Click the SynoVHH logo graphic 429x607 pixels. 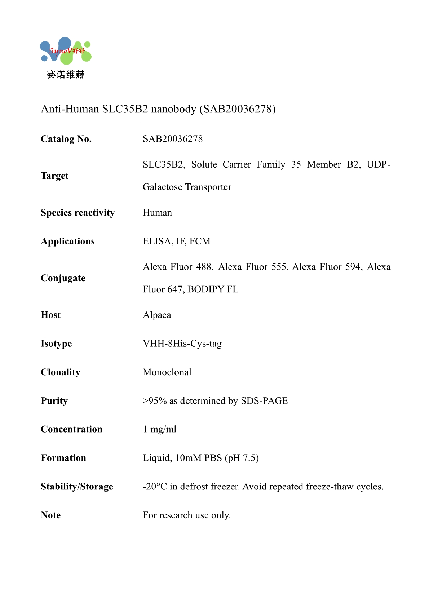[66, 51]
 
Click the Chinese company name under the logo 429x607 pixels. [66, 75]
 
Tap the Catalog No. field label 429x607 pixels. [66, 139]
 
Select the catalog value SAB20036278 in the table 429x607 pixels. [173, 139]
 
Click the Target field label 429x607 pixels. [54, 176]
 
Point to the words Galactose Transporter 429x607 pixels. [187, 187]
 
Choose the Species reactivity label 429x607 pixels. [78, 213]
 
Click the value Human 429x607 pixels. [157, 213]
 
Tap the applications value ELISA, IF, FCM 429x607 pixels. [176, 241]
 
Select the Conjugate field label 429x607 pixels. [63, 278]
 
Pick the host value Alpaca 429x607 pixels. [157, 315]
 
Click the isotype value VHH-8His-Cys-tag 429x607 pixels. [182, 344]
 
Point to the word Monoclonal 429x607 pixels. [167, 372]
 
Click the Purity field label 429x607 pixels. [54, 401]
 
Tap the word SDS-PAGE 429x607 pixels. [264, 401]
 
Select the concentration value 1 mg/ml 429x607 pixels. [159, 429]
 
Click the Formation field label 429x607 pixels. [63, 458]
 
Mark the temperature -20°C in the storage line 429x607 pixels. [155, 487]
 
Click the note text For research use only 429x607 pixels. [186, 515]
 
